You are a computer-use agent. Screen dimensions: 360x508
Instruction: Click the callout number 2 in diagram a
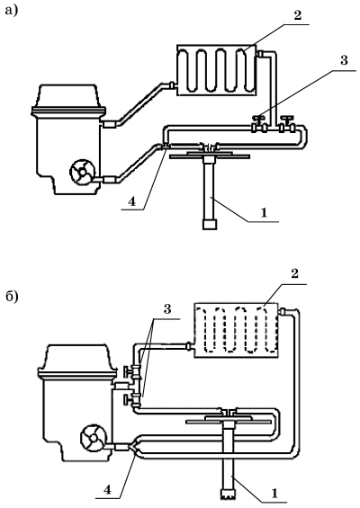[298, 15]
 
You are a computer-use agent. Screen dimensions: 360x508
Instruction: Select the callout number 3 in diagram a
[344, 60]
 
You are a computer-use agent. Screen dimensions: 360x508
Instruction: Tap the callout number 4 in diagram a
[131, 201]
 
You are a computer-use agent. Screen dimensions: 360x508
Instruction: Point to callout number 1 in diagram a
[264, 212]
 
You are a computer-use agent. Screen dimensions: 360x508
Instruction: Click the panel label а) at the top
[12, 11]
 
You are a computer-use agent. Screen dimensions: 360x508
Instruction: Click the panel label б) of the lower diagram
[12, 297]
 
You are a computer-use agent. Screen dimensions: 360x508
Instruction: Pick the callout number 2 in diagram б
[294, 273]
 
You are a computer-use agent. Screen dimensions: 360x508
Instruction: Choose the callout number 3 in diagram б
[167, 309]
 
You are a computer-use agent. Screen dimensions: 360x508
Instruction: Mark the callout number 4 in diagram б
[107, 489]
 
